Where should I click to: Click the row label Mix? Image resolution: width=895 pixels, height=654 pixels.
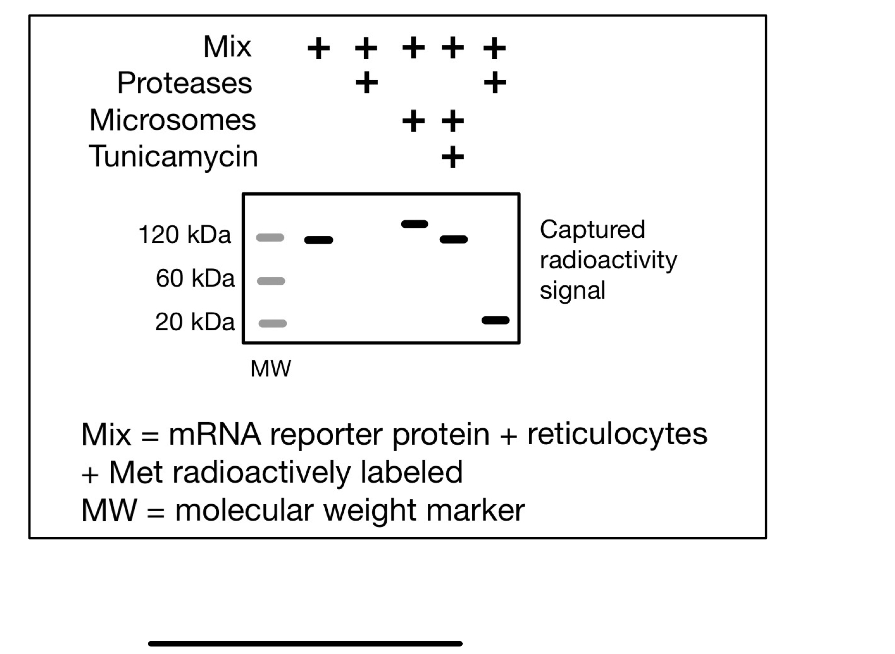(227, 47)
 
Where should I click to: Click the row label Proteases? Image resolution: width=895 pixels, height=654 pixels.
(184, 83)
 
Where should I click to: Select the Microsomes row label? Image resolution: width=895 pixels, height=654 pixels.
(172, 120)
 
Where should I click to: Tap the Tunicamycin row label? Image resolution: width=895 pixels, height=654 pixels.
(173, 156)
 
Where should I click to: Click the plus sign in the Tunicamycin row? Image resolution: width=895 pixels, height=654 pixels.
(453, 158)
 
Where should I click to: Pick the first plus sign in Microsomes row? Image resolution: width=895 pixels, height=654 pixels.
(413, 121)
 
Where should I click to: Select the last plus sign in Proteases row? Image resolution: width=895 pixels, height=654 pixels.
(495, 83)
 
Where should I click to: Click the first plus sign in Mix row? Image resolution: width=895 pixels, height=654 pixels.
(318, 49)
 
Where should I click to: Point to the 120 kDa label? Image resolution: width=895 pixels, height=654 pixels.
(184, 235)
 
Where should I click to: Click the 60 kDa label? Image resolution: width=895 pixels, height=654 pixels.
(195, 278)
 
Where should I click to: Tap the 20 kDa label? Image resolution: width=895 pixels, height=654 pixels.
(195, 322)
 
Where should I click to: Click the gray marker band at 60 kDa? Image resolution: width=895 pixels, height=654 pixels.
(271, 281)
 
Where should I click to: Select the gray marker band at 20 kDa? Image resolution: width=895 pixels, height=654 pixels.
(272, 324)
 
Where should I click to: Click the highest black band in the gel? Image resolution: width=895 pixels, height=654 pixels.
(415, 224)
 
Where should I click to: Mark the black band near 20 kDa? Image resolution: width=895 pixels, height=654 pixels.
(495, 320)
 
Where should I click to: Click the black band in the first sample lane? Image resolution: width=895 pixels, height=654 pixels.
(319, 240)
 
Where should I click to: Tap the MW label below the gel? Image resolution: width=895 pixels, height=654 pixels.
(270, 369)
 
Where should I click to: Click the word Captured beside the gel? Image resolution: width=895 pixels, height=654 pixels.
(592, 230)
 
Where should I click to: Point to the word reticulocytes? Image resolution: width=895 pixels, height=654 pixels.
(617, 434)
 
